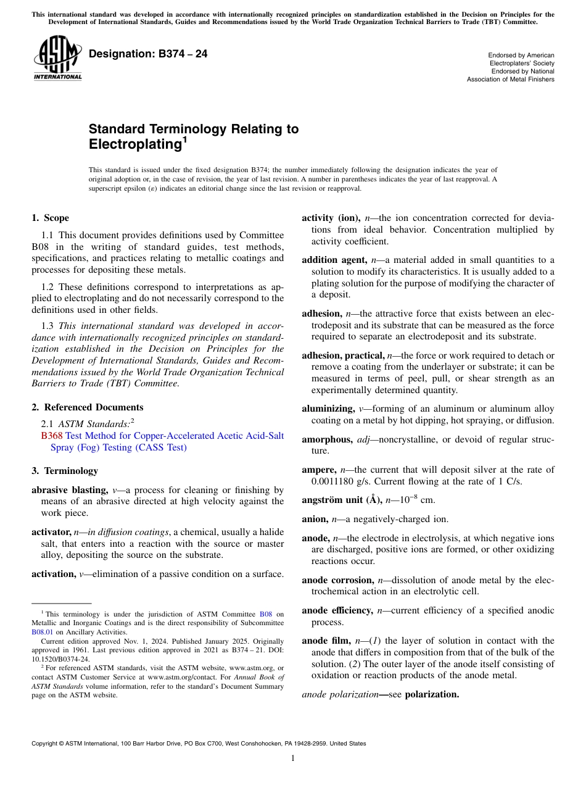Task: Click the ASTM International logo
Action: [57, 59]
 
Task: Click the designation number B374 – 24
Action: [148, 54]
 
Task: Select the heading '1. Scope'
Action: [50, 218]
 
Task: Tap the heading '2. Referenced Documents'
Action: [87, 407]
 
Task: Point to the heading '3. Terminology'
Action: [64, 471]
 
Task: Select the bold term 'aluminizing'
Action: [328, 409]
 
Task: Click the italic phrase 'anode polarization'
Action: [338, 694]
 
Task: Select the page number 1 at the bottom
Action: [293, 758]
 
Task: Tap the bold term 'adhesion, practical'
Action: [342, 355]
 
